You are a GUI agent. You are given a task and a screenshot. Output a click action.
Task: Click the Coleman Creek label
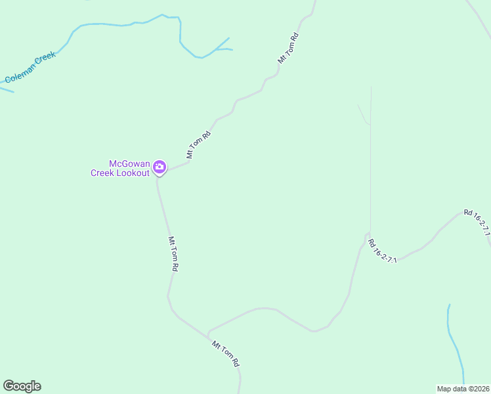pyautogui.click(x=30, y=67)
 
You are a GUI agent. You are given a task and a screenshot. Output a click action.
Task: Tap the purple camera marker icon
pyautogui.click(x=159, y=168)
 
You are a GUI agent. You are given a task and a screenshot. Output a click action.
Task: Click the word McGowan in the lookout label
pyautogui.click(x=129, y=164)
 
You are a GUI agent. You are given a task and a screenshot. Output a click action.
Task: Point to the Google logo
pyautogui.click(x=22, y=386)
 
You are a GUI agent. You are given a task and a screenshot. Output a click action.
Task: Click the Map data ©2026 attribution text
pyautogui.click(x=463, y=389)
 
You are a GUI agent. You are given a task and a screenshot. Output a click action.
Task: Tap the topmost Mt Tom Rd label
pyautogui.click(x=288, y=48)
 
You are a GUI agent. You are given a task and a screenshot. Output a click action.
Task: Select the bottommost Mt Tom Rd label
pyautogui.click(x=226, y=353)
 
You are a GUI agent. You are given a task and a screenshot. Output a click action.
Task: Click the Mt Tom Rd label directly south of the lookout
pyautogui.click(x=173, y=254)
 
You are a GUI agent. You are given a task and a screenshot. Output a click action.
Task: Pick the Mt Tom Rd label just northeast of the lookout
pyautogui.click(x=198, y=145)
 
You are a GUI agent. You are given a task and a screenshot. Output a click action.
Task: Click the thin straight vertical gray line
pyautogui.click(x=371, y=164)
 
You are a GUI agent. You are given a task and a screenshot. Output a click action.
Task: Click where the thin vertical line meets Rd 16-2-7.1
pyautogui.click(x=370, y=234)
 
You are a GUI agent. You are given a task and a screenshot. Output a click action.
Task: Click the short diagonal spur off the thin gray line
pyautogui.click(x=362, y=113)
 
